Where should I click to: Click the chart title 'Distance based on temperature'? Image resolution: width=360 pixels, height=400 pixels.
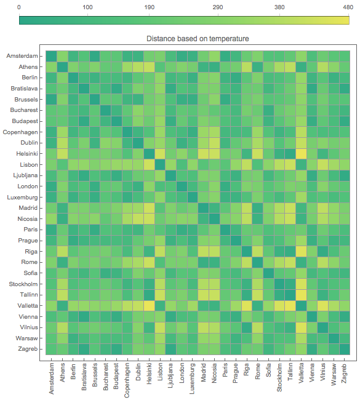tap(198, 39)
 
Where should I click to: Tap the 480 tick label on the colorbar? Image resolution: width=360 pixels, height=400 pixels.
tap(348, 7)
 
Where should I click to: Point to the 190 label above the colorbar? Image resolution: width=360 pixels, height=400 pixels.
tap(150, 7)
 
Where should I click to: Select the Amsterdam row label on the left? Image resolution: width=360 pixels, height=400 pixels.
tap(22, 56)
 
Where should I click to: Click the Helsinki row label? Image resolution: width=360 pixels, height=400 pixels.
tap(27, 154)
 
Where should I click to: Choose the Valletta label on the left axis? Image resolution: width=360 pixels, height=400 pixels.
tap(28, 306)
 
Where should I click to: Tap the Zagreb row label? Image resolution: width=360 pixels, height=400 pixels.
tap(28, 349)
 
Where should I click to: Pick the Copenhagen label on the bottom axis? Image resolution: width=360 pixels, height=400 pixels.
tap(127, 380)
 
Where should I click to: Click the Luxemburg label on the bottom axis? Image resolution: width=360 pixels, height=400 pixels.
tap(192, 378)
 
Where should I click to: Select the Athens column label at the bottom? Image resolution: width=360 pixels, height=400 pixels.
tap(62, 372)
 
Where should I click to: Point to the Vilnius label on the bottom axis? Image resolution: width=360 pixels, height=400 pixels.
tap(322, 372)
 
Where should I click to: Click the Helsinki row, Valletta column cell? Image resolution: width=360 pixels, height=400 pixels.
tap(301, 154)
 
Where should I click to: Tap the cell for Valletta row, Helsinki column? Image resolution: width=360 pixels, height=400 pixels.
tap(149, 306)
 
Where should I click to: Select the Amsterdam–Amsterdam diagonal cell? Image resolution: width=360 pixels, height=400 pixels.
tap(51, 56)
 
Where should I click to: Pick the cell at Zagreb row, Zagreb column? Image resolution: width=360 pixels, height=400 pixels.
tap(345, 349)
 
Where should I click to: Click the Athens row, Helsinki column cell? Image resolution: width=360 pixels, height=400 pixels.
tap(149, 67)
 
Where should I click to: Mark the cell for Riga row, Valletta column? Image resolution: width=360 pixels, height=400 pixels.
tap(301, 251)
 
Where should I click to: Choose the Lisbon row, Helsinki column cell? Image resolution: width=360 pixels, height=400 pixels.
tap(149, 164)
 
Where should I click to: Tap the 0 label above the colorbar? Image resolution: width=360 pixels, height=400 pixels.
tap(19, 7)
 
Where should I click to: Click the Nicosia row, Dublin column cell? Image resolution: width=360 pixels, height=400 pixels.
tap(138, 218)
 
